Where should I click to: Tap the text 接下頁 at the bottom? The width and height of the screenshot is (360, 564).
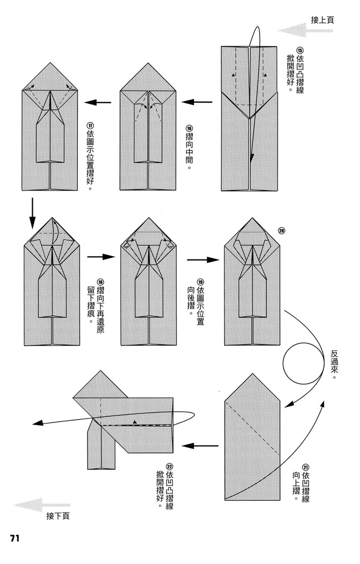pos(58,515)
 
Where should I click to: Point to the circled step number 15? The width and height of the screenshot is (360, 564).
pos(300,50)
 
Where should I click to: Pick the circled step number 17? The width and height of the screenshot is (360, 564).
pos(90,127)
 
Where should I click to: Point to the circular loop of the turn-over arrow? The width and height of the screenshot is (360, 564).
pos(302,363)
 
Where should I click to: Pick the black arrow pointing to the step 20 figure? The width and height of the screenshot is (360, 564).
pos(203,260)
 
